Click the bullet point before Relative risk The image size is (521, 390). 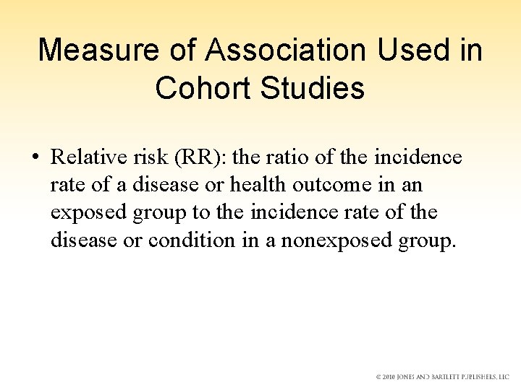[35, 157]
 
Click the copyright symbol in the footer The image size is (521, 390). [378, 377]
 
